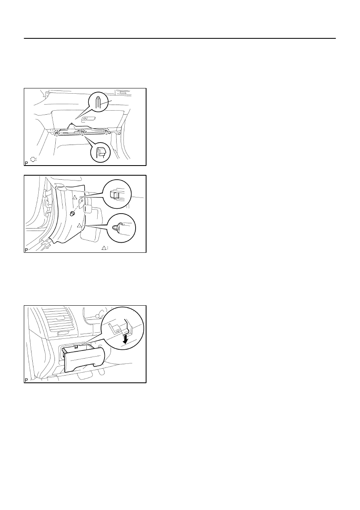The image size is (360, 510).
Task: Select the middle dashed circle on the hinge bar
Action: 82,132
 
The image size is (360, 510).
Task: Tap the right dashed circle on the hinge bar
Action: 107,131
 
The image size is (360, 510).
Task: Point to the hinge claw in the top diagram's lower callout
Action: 100,151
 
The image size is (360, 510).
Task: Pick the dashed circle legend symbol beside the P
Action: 33,159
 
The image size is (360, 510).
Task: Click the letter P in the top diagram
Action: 26,163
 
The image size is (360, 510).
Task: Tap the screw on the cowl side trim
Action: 73,213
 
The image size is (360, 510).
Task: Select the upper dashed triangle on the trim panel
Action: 75,197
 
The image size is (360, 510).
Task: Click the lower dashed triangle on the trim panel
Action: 79,225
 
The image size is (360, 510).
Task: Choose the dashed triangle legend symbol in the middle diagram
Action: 104,248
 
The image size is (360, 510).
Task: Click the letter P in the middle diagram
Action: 26,250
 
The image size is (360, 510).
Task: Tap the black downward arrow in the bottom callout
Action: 125,338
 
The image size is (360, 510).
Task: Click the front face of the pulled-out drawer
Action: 84,360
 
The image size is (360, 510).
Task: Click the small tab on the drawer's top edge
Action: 76,347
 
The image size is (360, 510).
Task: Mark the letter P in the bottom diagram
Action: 26,380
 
